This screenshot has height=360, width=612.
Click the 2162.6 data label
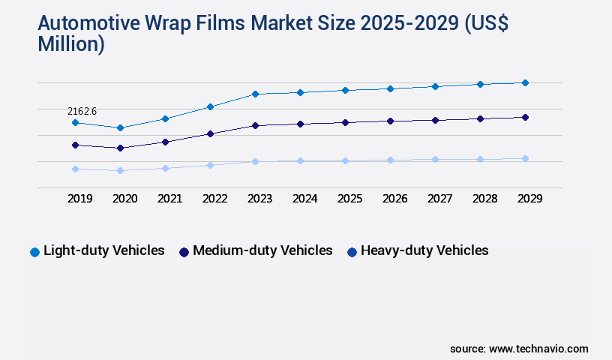click(82, 111)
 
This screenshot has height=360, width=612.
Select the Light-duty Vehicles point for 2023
click(255, 94)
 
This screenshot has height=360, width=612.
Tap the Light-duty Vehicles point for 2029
click(525, 82)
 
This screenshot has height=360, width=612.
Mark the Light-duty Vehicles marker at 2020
click(120, 127)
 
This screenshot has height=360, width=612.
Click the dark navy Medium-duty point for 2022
click(210, 133)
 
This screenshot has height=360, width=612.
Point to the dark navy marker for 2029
click(525, 117)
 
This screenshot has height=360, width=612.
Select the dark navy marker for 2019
click(75, 145)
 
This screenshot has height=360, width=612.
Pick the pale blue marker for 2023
click(255, 161)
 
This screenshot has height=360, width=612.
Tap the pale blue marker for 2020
click(120, 170)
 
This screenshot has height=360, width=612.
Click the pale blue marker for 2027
click(435, 159)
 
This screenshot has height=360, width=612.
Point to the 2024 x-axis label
click(304, 199)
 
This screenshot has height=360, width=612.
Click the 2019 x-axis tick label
click(79, 199)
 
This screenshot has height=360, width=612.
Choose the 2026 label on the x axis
click(394, 199)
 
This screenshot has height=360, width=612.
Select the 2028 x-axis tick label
click(484, 199)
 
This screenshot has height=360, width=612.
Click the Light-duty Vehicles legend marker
click(34, 252)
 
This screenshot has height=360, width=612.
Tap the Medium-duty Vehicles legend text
click(262, 250)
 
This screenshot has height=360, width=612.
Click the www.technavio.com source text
click(538, 349)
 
